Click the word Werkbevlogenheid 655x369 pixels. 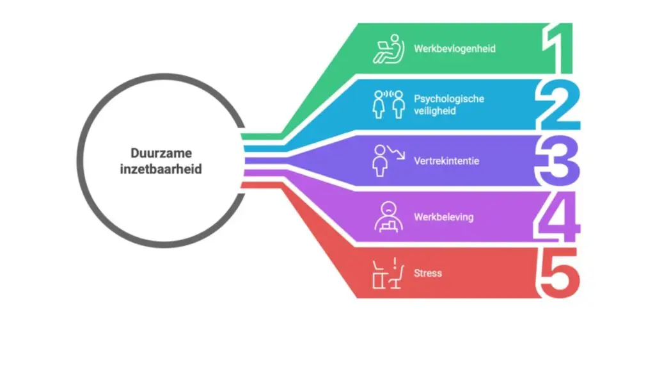[x=455, y=49]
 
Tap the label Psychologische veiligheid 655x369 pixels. [x=449, y=104]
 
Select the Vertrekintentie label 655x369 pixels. [x=446, y=161]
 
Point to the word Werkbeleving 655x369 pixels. [x=444, y=217]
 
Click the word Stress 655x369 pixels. [x=428, y=273]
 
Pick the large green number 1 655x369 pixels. [x=558, y=49]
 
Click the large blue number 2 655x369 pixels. [x=558, y=105]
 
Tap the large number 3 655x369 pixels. [x=558, y=161]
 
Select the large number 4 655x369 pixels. [x=557, y=217]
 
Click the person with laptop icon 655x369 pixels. [x=388, y=49]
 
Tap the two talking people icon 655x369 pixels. [x=389, y=104]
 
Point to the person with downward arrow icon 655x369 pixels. [x=388, y=161]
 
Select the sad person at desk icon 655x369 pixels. [x=389, y=217]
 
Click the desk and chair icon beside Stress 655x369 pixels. [x=388, y=273]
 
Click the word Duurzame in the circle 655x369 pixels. [x=161, y=153]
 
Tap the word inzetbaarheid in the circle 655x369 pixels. [x=161, y=169]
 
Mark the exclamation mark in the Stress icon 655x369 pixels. [x=395, y=263]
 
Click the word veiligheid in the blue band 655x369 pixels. [x=435, y=111]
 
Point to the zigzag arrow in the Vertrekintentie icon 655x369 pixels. [x=396, y=152]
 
